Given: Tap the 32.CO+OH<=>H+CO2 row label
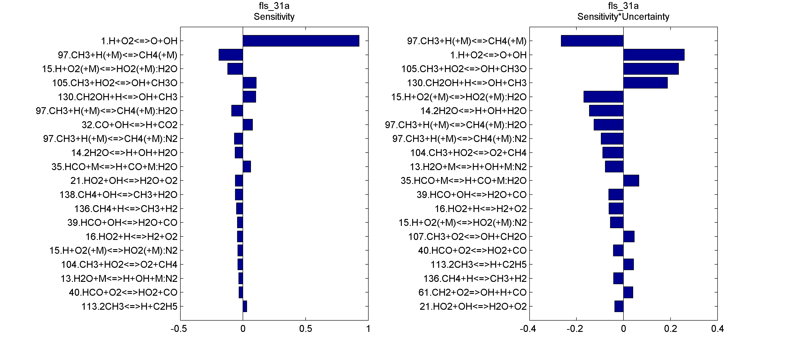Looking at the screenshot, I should tap(129, 125).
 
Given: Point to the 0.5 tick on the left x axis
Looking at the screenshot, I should tap(305, 329).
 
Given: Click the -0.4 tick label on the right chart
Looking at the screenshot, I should tap(528, 329).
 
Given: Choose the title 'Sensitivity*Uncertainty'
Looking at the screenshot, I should tap(623, 17).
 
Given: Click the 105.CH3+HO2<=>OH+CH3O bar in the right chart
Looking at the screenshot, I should tap(651, 69).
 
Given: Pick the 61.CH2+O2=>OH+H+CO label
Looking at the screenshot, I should tap(472, 292).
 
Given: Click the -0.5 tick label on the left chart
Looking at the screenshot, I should tap(179, 329).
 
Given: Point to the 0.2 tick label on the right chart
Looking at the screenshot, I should tap(670, 329).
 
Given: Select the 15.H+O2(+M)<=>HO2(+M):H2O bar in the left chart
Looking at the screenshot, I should tap(235, 69).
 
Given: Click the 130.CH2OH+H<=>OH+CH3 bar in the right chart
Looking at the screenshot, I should tap(645, 83).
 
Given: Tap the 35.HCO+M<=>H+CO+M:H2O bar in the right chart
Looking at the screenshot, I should tap(631, 181).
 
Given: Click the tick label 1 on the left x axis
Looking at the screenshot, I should tap(368, 329).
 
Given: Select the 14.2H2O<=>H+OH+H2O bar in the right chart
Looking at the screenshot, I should tap(606, 111).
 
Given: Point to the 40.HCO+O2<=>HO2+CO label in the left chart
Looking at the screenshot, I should tap(123, 292).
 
